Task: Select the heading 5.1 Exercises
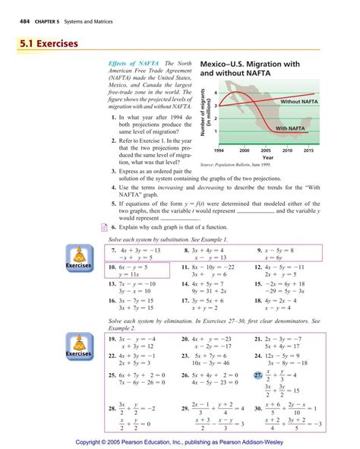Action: (46, 44)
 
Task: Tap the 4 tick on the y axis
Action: (216, 92)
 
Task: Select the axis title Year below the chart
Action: (267, 158)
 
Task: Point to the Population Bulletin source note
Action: (235, 165)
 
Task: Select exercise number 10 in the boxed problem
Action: (114, 268)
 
